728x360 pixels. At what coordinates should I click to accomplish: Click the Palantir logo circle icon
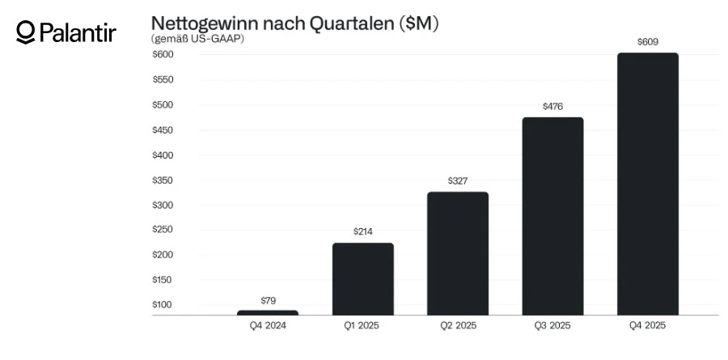point(26,32)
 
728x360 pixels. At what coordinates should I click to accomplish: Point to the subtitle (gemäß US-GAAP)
point(197,38)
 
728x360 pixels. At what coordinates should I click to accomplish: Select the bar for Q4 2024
point(268,312)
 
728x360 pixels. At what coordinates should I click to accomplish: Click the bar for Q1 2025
point(362,278)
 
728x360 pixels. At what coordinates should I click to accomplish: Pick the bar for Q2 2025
point(458,253)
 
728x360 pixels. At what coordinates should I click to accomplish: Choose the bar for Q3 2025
point(552,216)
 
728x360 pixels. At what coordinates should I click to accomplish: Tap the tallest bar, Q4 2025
point(648,184)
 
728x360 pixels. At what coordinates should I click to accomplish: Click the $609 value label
point(648,40)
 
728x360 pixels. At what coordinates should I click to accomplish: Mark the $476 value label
point(552,106)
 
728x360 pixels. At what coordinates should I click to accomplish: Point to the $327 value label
point(458,180)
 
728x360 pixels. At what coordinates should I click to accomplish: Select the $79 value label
point(268,300)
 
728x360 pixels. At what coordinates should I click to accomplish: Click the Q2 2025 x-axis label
point(458,326)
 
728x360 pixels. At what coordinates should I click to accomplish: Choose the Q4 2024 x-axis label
point(268,326)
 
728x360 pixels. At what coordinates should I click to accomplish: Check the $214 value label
point(362,231)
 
